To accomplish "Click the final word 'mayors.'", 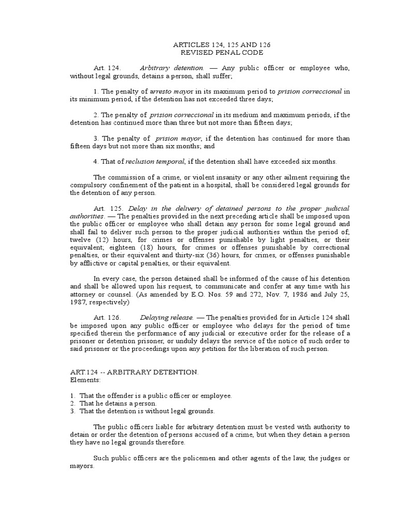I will [x=83, y=465].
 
